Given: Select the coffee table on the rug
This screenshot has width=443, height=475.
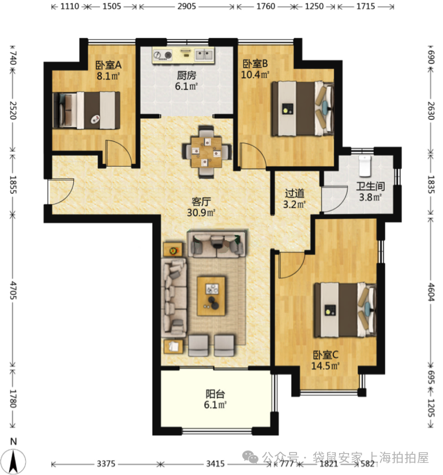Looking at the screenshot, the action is [211, 296].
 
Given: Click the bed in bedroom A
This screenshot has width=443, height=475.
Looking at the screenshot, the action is [87, 110].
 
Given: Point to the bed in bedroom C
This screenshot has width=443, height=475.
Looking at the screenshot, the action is [345, 310].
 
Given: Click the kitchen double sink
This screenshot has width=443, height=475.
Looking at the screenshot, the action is [204, 54].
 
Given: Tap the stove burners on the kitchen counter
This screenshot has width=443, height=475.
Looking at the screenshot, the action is [162, 55].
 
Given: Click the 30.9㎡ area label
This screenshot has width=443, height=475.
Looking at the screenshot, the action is [201, 212].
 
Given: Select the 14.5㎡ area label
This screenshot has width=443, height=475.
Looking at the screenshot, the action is [325, 366].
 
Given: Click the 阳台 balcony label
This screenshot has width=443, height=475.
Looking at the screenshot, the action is [215, 394].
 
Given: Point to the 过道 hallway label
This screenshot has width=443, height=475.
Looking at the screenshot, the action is [294, 193].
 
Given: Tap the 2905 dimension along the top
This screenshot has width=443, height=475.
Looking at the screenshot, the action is [186, 6].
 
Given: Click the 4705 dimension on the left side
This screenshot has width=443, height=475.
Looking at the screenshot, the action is [13, 290].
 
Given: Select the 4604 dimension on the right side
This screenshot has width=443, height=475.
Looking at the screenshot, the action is [431, 292].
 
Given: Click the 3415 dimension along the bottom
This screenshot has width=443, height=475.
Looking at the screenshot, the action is [215, 464].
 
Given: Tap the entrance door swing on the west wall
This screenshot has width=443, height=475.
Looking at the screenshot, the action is [61, 191].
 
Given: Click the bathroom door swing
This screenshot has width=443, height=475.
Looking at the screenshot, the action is [335, 199].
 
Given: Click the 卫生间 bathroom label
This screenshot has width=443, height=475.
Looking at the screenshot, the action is [370, 186].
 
